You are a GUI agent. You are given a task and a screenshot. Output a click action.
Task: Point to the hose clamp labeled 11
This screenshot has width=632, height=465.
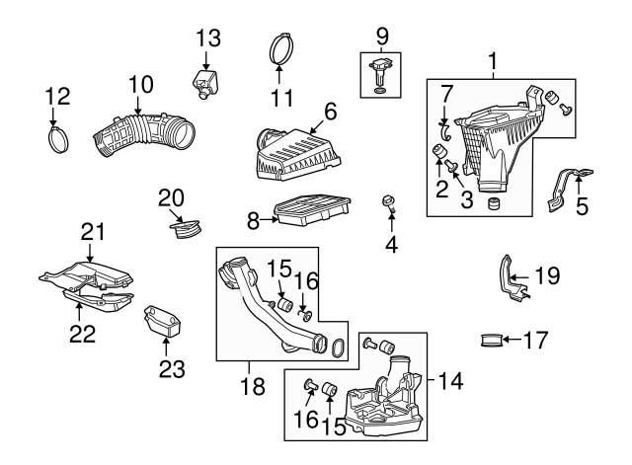(x=280, y=48)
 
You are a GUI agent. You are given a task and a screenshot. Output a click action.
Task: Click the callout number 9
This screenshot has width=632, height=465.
(x=381, y=38)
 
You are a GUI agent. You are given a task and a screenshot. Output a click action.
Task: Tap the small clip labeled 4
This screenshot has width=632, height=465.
(x=389, y=205)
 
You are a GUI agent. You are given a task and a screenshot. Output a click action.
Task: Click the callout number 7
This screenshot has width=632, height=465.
(x=446, y=95)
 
